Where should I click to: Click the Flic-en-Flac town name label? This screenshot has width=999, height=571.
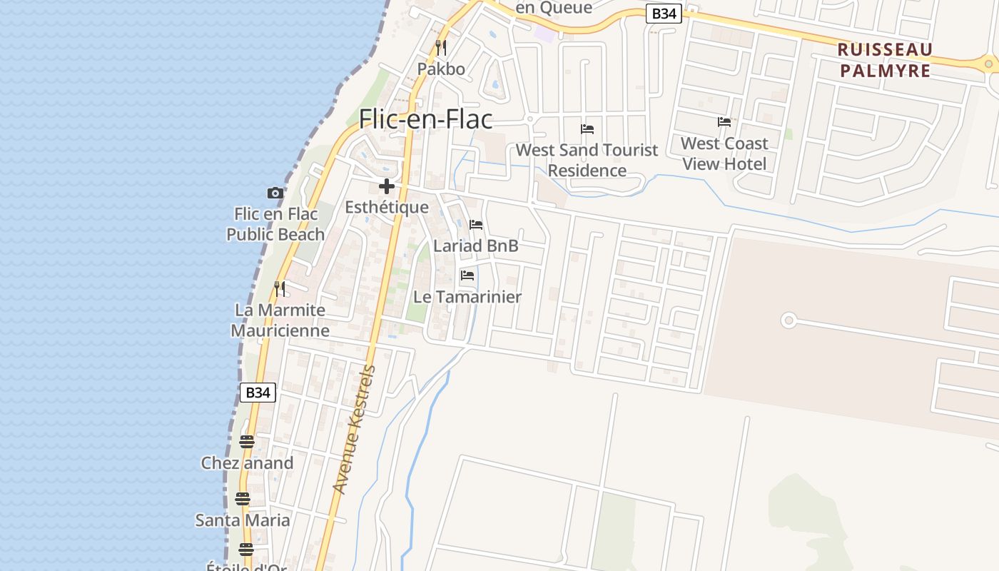425,118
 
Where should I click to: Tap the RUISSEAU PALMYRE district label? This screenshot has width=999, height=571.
885,60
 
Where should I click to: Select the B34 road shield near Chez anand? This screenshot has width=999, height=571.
258,392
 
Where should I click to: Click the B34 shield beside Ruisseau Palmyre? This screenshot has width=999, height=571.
664,14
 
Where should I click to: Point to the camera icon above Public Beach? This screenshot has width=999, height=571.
275,193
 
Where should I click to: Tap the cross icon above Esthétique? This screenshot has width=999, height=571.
387,187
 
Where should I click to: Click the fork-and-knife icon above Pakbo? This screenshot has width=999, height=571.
441,48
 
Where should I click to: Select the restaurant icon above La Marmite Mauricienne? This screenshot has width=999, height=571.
280,289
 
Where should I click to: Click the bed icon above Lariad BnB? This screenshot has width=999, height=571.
476,225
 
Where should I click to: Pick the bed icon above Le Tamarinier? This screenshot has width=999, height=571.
467,276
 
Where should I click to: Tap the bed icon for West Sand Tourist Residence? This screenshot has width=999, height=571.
587,129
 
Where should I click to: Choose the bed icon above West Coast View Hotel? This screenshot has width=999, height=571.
724,122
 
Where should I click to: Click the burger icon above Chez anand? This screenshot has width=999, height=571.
247,442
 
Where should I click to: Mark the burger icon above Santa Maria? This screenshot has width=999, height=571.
243,499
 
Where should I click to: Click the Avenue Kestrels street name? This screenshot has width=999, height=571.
355,430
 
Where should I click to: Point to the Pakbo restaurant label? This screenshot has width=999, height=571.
441,69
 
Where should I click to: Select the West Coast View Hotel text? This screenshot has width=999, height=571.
724,153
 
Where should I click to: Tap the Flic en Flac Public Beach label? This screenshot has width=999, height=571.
275,224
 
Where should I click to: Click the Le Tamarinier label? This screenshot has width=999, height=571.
467,297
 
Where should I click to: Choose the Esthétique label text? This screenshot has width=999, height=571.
387,208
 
